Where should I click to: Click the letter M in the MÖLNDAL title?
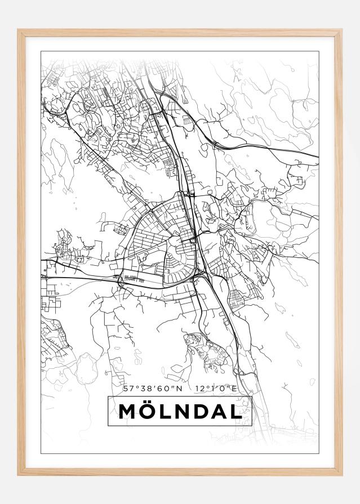127,412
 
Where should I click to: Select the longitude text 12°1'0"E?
217,389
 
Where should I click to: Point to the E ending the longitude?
233,389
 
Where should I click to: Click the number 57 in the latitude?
127,389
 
